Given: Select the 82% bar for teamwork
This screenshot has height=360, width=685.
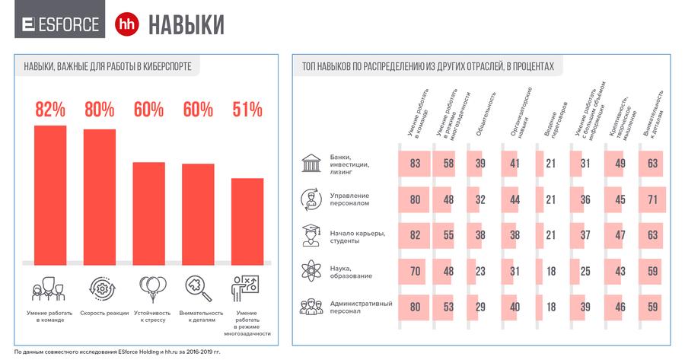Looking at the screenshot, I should pyautogui.click(x=50, y=194).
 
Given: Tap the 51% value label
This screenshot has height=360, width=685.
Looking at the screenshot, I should pyautogui.click(x=247, y=110).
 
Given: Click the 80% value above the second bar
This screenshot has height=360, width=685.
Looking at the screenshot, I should pyautogui.click(x=99, y=110).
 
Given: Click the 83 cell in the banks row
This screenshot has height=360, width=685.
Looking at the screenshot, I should pyautogui.click(x=415, y=164).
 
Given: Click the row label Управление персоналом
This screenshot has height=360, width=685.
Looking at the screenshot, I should pyautogui.click(x=349, y=200).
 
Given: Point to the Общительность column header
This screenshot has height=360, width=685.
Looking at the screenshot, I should pyautogui.click(x=486, y=114).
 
